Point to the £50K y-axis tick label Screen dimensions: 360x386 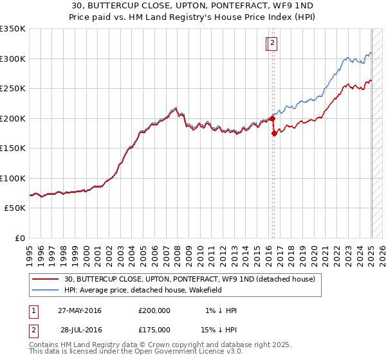click(x=14, y=208)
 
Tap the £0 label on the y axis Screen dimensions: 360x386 click(x=21, y=239)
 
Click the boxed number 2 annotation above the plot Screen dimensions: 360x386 click(x=272, y=43)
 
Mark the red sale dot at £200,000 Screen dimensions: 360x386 click(x=272, y=118)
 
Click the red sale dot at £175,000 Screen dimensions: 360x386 click(x=274, y=133)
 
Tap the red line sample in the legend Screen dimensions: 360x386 click(x=45, y=280)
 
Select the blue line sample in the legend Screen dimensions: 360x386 click(x=45, y=291)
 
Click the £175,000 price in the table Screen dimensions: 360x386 click(x=154, y=330)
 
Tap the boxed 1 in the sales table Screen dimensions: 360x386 click(x=33, y=310)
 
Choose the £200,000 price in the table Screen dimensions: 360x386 click(x=154, y=310)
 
